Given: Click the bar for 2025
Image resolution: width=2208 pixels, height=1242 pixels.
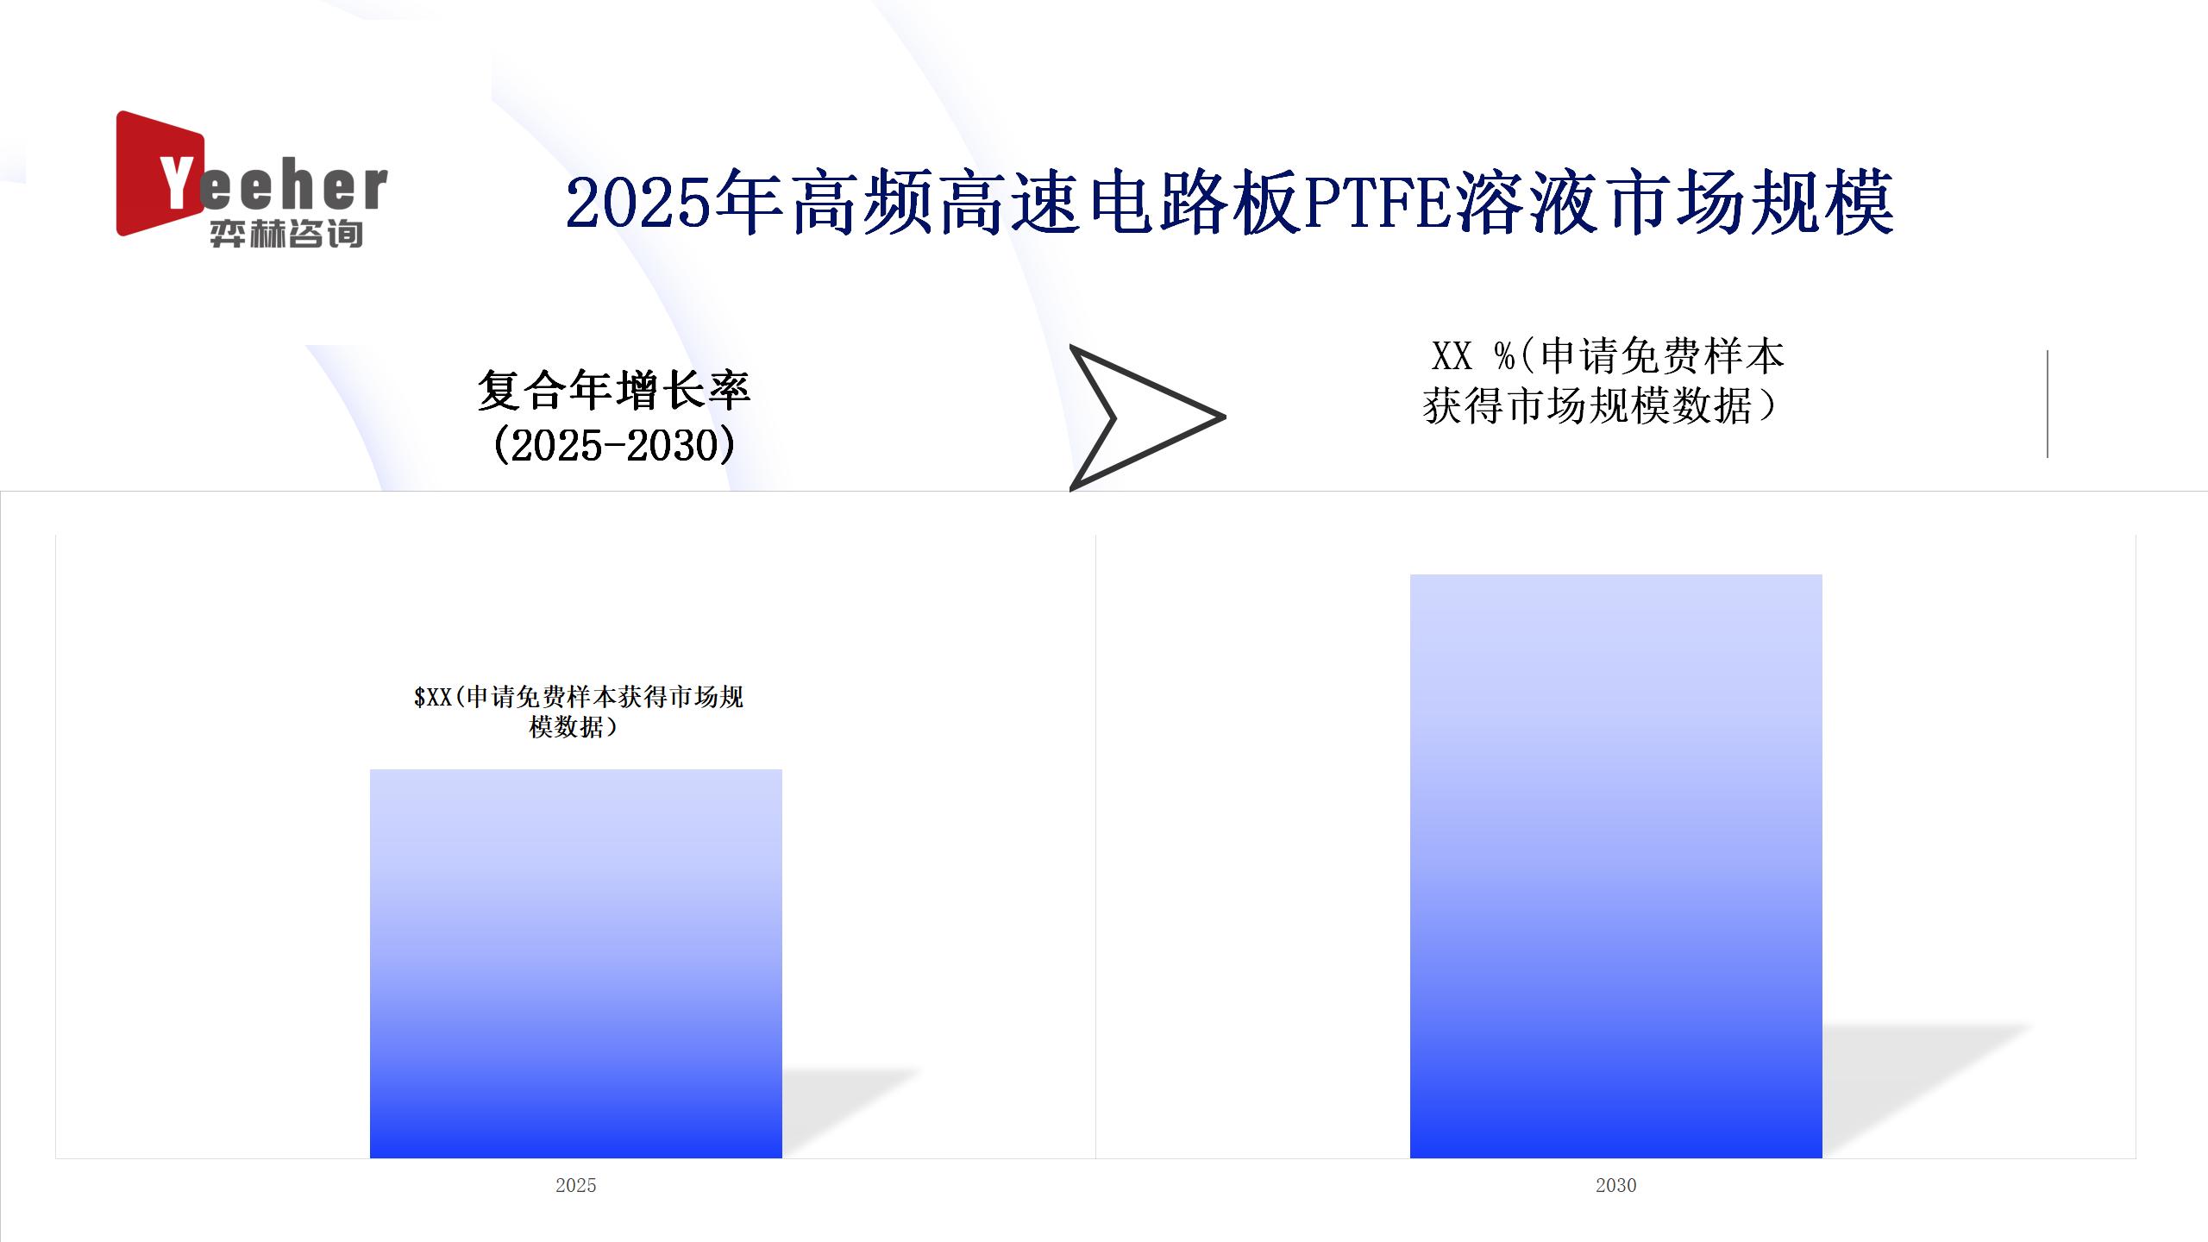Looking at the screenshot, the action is [576, 963].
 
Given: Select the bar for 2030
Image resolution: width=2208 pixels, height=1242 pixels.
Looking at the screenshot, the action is [1615, 866].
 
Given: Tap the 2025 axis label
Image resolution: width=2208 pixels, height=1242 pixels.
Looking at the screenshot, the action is [576, 1185].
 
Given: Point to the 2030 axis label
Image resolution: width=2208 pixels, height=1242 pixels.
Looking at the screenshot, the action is [1615, 1185].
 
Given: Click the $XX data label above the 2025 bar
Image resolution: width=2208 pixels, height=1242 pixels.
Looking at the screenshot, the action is [578, 712].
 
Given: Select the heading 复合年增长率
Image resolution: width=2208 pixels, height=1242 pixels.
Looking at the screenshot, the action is [614, 391].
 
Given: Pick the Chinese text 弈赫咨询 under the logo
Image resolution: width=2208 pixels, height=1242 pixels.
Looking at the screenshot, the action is [285, 234].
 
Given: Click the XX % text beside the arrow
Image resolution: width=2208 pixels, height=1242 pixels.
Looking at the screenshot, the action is [1473, 356].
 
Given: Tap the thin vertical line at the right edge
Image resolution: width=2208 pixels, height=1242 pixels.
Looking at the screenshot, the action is [2048, 404].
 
